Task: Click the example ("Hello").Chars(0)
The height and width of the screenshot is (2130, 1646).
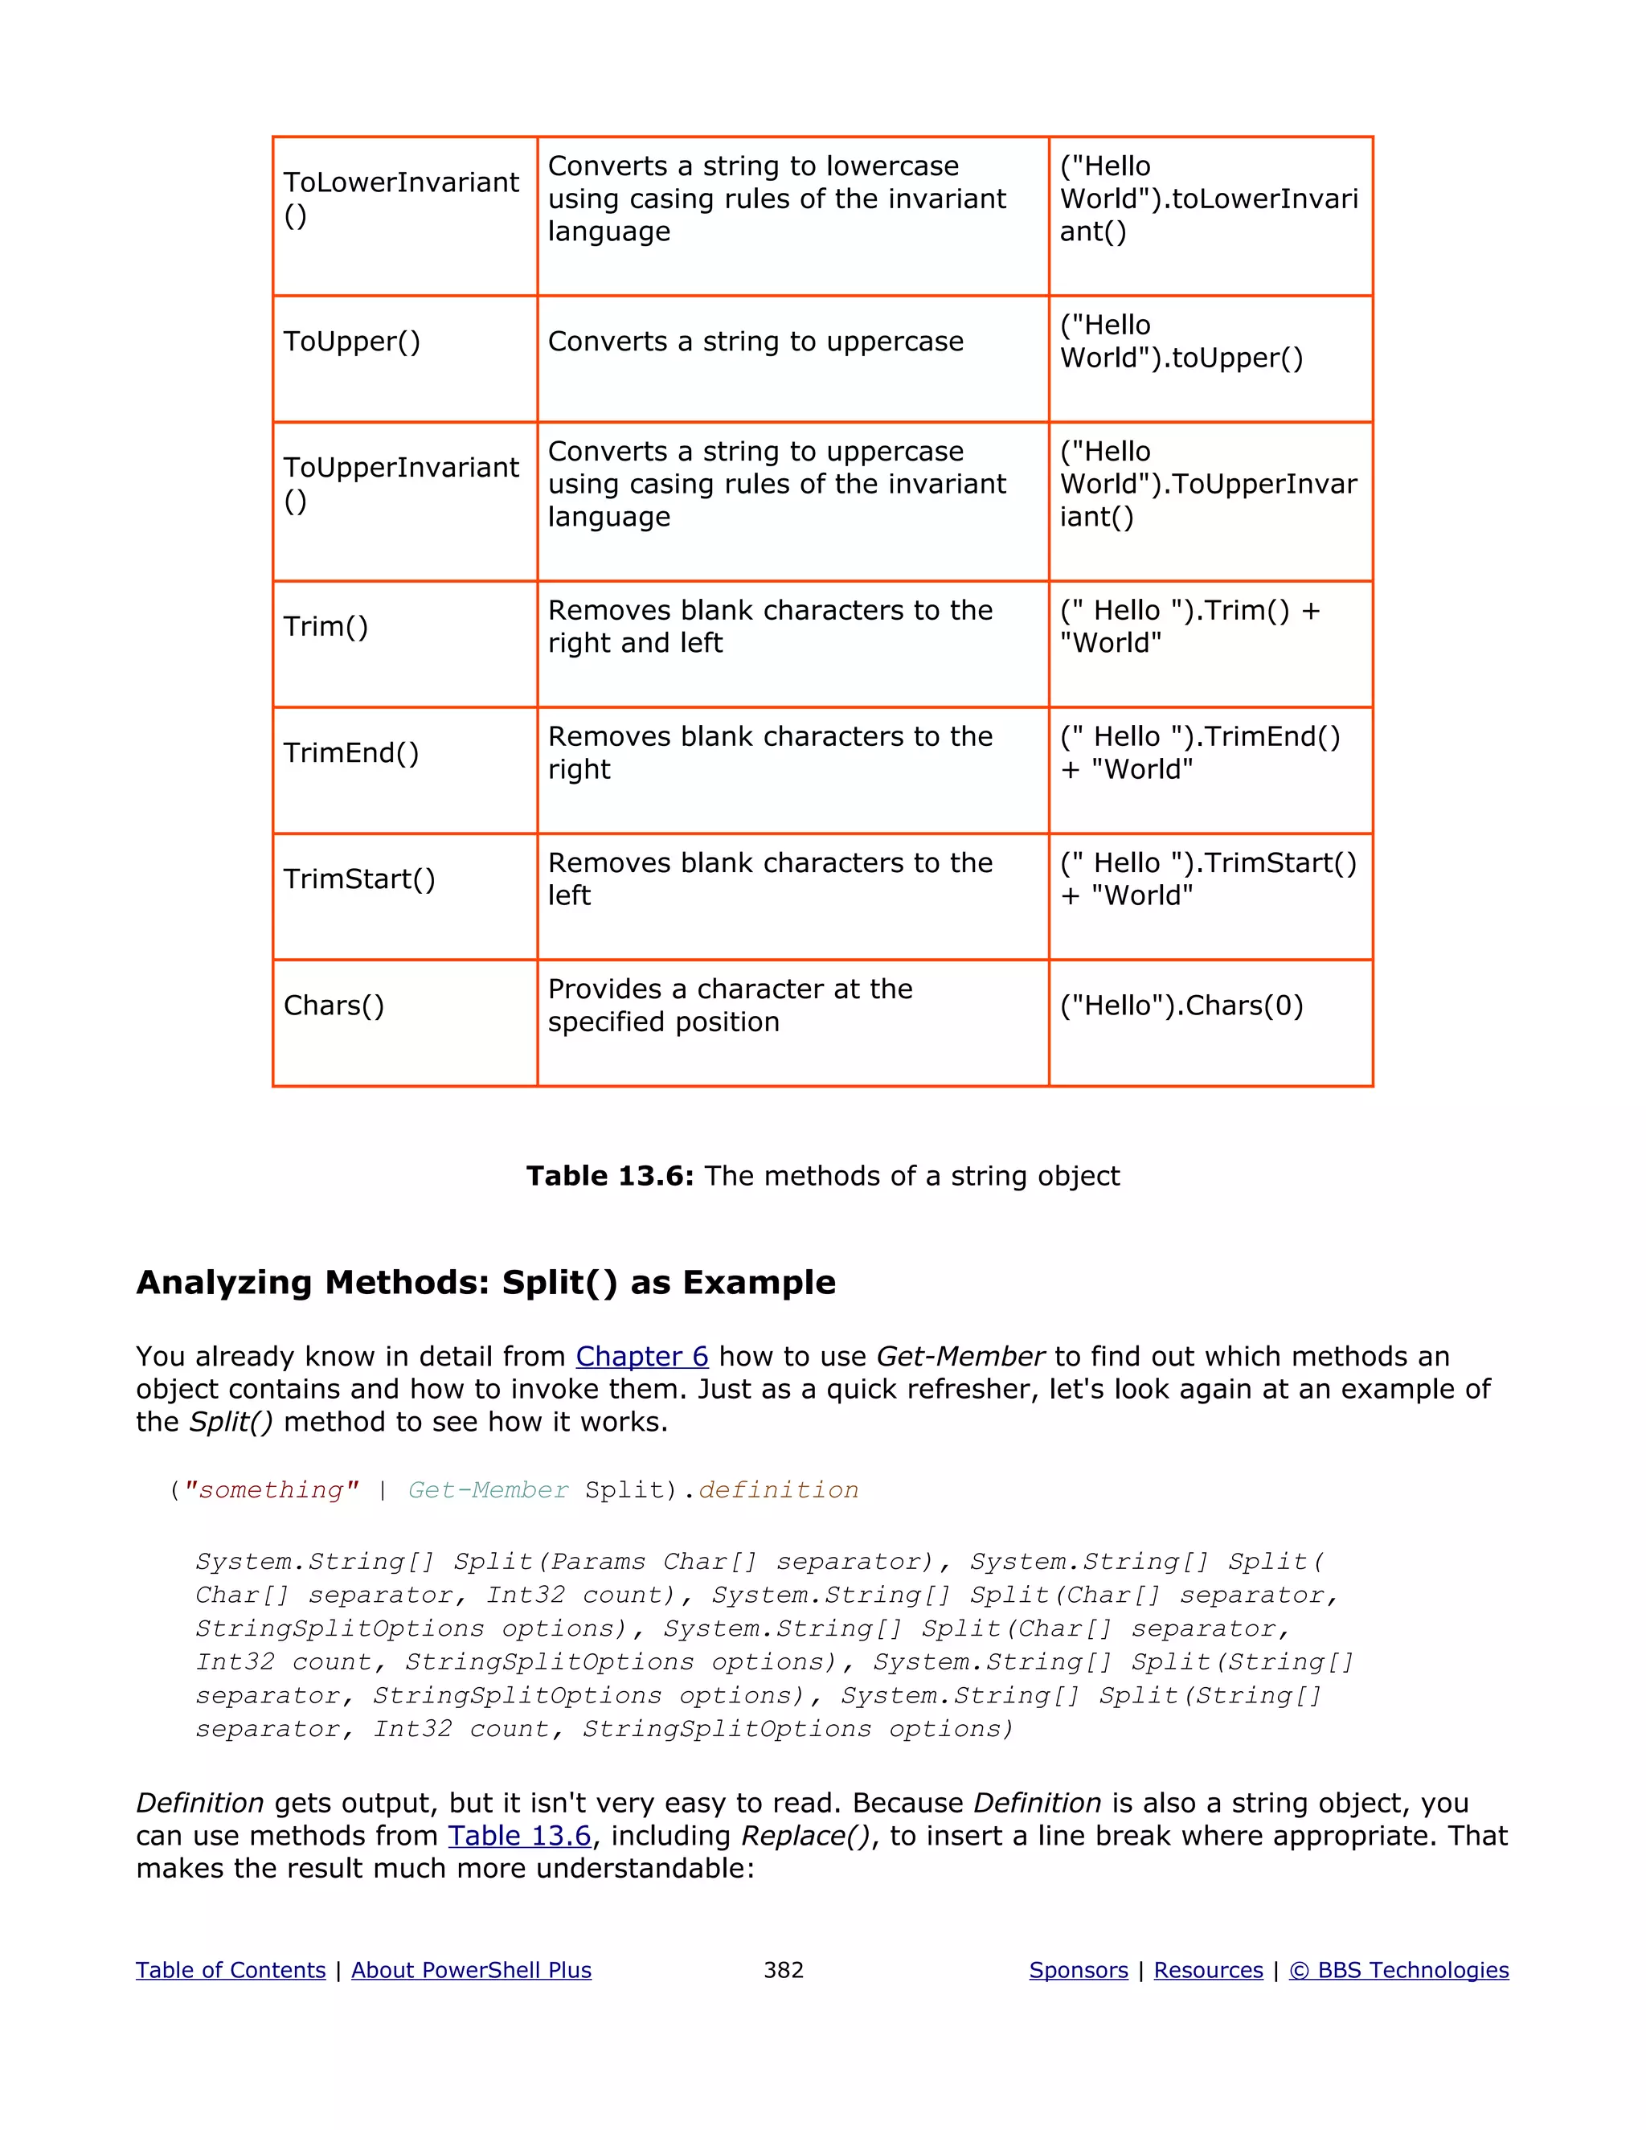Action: point(1181,1006)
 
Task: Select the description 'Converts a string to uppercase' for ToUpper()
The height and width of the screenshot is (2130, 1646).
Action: point(755,342)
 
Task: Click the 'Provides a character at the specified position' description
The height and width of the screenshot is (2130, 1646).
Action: point(730,1006)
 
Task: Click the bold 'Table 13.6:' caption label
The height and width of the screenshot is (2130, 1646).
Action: point(609,1176)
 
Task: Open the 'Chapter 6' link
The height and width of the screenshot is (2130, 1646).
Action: point(641,1357)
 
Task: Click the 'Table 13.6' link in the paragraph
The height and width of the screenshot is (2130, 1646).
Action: point(520,1836)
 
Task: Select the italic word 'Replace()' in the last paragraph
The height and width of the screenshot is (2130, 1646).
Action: point(805,1836)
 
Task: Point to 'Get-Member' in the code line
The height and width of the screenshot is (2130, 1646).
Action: point(488,1490)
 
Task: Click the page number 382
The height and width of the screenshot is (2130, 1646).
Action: point(783,1970)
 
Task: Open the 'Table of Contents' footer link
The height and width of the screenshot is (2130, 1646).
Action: point(230,1970)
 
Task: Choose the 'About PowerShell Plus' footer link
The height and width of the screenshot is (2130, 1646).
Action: point(471,1970)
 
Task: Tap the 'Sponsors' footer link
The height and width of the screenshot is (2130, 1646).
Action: point(1078,1970)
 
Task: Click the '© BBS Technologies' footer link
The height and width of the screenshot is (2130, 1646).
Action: point(1398,1970)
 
